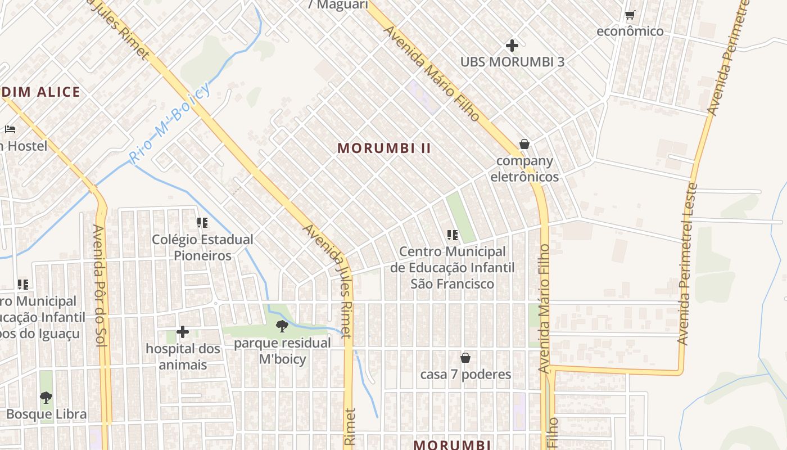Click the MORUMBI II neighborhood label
click(x=384, y=148)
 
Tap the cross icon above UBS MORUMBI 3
click(x=512, y=45)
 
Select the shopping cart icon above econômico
click(x=630, y=15)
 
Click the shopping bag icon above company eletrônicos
click(x=524, y=144)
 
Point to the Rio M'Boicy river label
click(x=169, y=123)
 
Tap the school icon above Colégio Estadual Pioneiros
click(x=202, y=223)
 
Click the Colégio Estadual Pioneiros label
click(x=202, y=247)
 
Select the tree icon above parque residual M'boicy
click(x=282, y=326)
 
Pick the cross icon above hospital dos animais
click(x=183, y=332)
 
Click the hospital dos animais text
click(x=183, y=357)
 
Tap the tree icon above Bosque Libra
click(x=46, y=398)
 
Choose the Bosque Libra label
click(x=46, y=415)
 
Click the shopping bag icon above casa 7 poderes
click(x=465, y=358)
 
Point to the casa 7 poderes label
click(x=465, y=375)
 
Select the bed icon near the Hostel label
click(x=10, y=129)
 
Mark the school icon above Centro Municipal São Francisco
click(x=452, y=235)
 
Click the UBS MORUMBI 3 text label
click(x=512, y=62)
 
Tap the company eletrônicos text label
click(x=524, y=169)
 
